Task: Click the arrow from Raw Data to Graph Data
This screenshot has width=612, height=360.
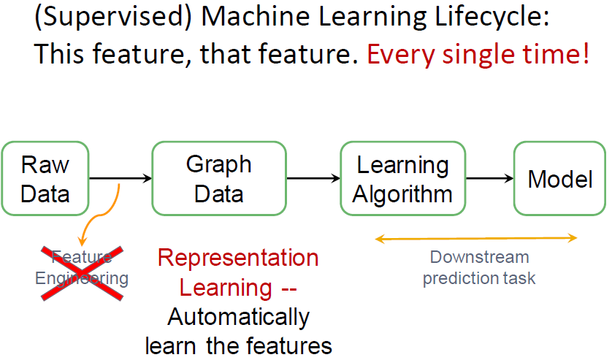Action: click(121, 178)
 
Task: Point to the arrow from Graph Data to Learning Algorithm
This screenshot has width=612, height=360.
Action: click(313, 178)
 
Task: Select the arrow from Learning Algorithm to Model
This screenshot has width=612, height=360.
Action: click(490, 178)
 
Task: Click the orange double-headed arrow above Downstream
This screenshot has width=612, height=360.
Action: click(476, 238)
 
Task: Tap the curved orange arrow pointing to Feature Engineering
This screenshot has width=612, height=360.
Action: click(102, 215)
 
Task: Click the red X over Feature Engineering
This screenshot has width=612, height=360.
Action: click(83, 273)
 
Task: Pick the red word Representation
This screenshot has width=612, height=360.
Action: click(238, 258)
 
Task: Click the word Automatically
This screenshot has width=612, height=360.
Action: click(239, 317)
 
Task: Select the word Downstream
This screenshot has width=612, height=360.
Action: click(479, 257)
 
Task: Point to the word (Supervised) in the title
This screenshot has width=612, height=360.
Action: click(113, 17)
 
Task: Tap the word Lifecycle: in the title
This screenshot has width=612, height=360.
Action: click(491, 17)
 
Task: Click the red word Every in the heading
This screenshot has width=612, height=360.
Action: click(400, 54)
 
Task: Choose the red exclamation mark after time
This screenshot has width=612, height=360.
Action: click(586, 53)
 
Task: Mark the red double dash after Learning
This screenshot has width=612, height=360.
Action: click(289, 290)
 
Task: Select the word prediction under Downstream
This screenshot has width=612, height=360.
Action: click(456, 279)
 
